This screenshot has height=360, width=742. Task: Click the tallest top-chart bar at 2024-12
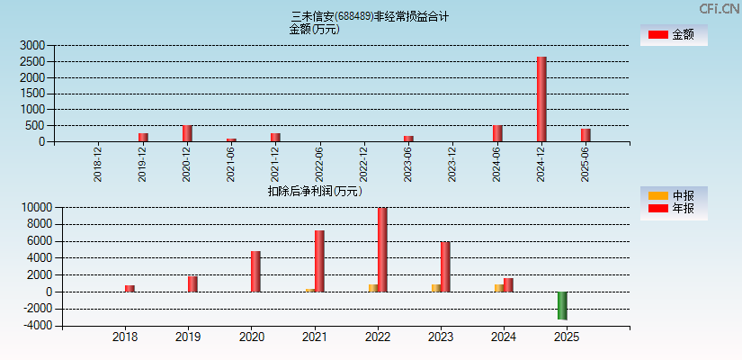tap(541, 99)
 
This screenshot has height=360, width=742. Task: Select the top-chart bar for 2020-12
tap(187, 133)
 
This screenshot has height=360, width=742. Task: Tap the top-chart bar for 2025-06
tap(586, 135)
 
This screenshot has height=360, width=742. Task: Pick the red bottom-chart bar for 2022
tap(382, 249)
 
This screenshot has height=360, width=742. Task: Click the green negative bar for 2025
tap(562, 305)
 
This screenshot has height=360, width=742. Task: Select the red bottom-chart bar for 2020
tap(255, 271)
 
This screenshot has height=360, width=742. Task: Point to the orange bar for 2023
tap(435, 288)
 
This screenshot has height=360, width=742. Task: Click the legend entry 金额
tap(674, 35)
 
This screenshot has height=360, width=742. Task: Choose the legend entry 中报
tap(674, 195)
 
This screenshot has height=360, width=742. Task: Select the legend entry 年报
tap(674, 209)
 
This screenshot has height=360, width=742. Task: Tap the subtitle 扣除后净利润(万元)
tap(315, 191)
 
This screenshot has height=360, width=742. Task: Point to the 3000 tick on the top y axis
tap(32, 45)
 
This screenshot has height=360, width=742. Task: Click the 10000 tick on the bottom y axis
tap(36, 208)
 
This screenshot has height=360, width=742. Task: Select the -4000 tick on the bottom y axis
tap(36, 326)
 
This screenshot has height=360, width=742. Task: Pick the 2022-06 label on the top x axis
tap(319, 165)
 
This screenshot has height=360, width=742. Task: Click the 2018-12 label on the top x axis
tap(98, 165)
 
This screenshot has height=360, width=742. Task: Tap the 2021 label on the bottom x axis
tap(314, 337)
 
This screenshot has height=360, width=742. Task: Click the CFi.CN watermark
tap(720, 9)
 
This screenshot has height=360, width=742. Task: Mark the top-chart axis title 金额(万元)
tap(314, 29)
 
